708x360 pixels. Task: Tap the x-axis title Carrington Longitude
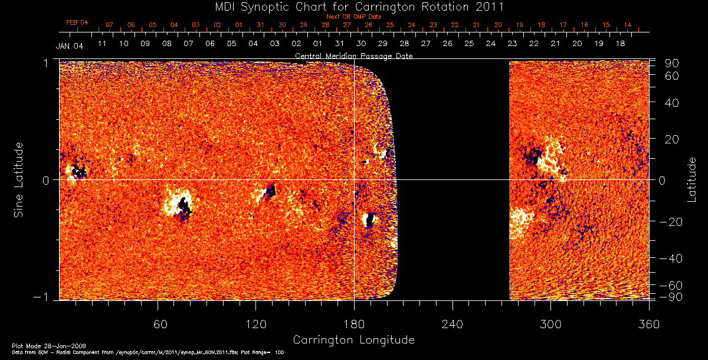coord(353,340)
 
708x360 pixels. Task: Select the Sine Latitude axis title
coord(19,180)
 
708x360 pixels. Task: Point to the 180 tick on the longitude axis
coord(354,324)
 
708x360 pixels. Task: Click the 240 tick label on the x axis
coord(452,324)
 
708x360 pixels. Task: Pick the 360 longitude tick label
coord(648,324)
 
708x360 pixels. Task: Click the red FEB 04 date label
coord(77,22)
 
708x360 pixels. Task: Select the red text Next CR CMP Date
coord(354,17)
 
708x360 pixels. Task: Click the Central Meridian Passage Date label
coord(354,55)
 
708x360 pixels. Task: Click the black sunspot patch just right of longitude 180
coord(370,220)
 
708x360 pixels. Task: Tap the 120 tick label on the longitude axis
coord(255,324)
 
